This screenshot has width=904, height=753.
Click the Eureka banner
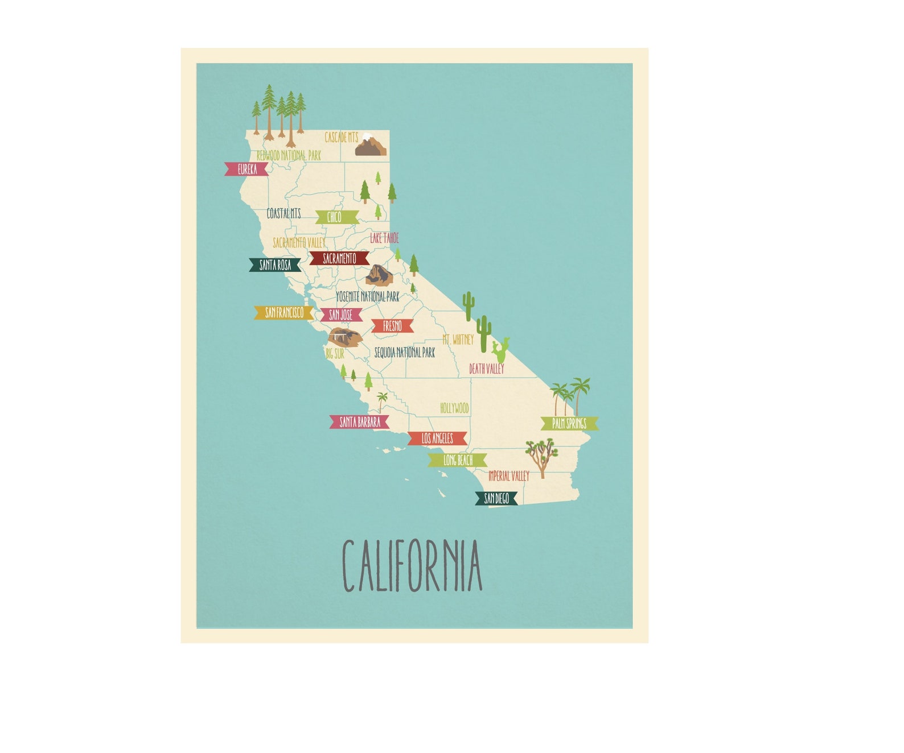coord(246,169)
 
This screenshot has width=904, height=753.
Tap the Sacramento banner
coord(339,258)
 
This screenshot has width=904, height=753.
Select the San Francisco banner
coord(284,312)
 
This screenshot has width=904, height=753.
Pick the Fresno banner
coord(392,326)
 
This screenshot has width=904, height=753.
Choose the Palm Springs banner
coord(569,423)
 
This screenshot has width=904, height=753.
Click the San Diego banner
coord(496,499)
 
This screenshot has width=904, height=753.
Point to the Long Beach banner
coord(458,460)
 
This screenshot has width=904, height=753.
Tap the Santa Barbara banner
coord(360,422)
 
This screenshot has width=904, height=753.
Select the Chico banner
coord(335,217)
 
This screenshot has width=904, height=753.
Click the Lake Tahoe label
coord(384,238)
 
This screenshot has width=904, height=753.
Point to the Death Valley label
coord(487,369)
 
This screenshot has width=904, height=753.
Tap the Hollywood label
coord(454,408)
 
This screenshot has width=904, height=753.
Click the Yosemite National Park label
coord(368,296)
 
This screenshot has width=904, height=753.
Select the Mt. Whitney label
coord(458,340)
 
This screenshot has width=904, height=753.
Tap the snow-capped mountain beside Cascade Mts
coord(371,146)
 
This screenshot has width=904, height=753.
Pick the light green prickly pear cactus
coord(500,350)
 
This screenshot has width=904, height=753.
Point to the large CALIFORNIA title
coord(412,566)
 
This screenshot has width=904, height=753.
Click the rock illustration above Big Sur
coord(344,337)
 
